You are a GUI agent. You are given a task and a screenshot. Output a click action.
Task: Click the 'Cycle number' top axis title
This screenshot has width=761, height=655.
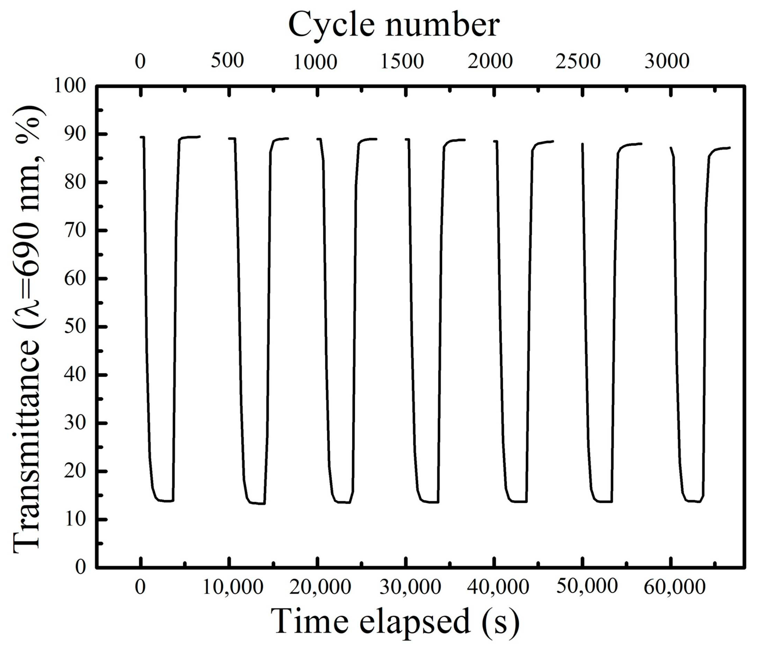click(394, 25)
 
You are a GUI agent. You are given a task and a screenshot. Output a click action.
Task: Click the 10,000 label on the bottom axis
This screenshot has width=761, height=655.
click(233, 587)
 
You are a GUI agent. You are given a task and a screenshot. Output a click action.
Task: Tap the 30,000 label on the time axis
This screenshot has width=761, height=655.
click(410, 587)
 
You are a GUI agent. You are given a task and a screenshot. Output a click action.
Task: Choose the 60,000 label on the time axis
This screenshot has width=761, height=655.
click(675, 587)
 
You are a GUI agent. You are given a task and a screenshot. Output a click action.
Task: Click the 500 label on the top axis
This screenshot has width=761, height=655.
click(227, 61)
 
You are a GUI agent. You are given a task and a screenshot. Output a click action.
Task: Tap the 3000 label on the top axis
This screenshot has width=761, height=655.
click(667, 61)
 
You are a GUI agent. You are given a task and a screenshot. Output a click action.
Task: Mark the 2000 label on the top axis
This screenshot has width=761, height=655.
click(490, 61)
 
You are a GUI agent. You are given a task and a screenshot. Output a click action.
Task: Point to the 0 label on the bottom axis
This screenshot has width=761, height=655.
click(140, 587)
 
